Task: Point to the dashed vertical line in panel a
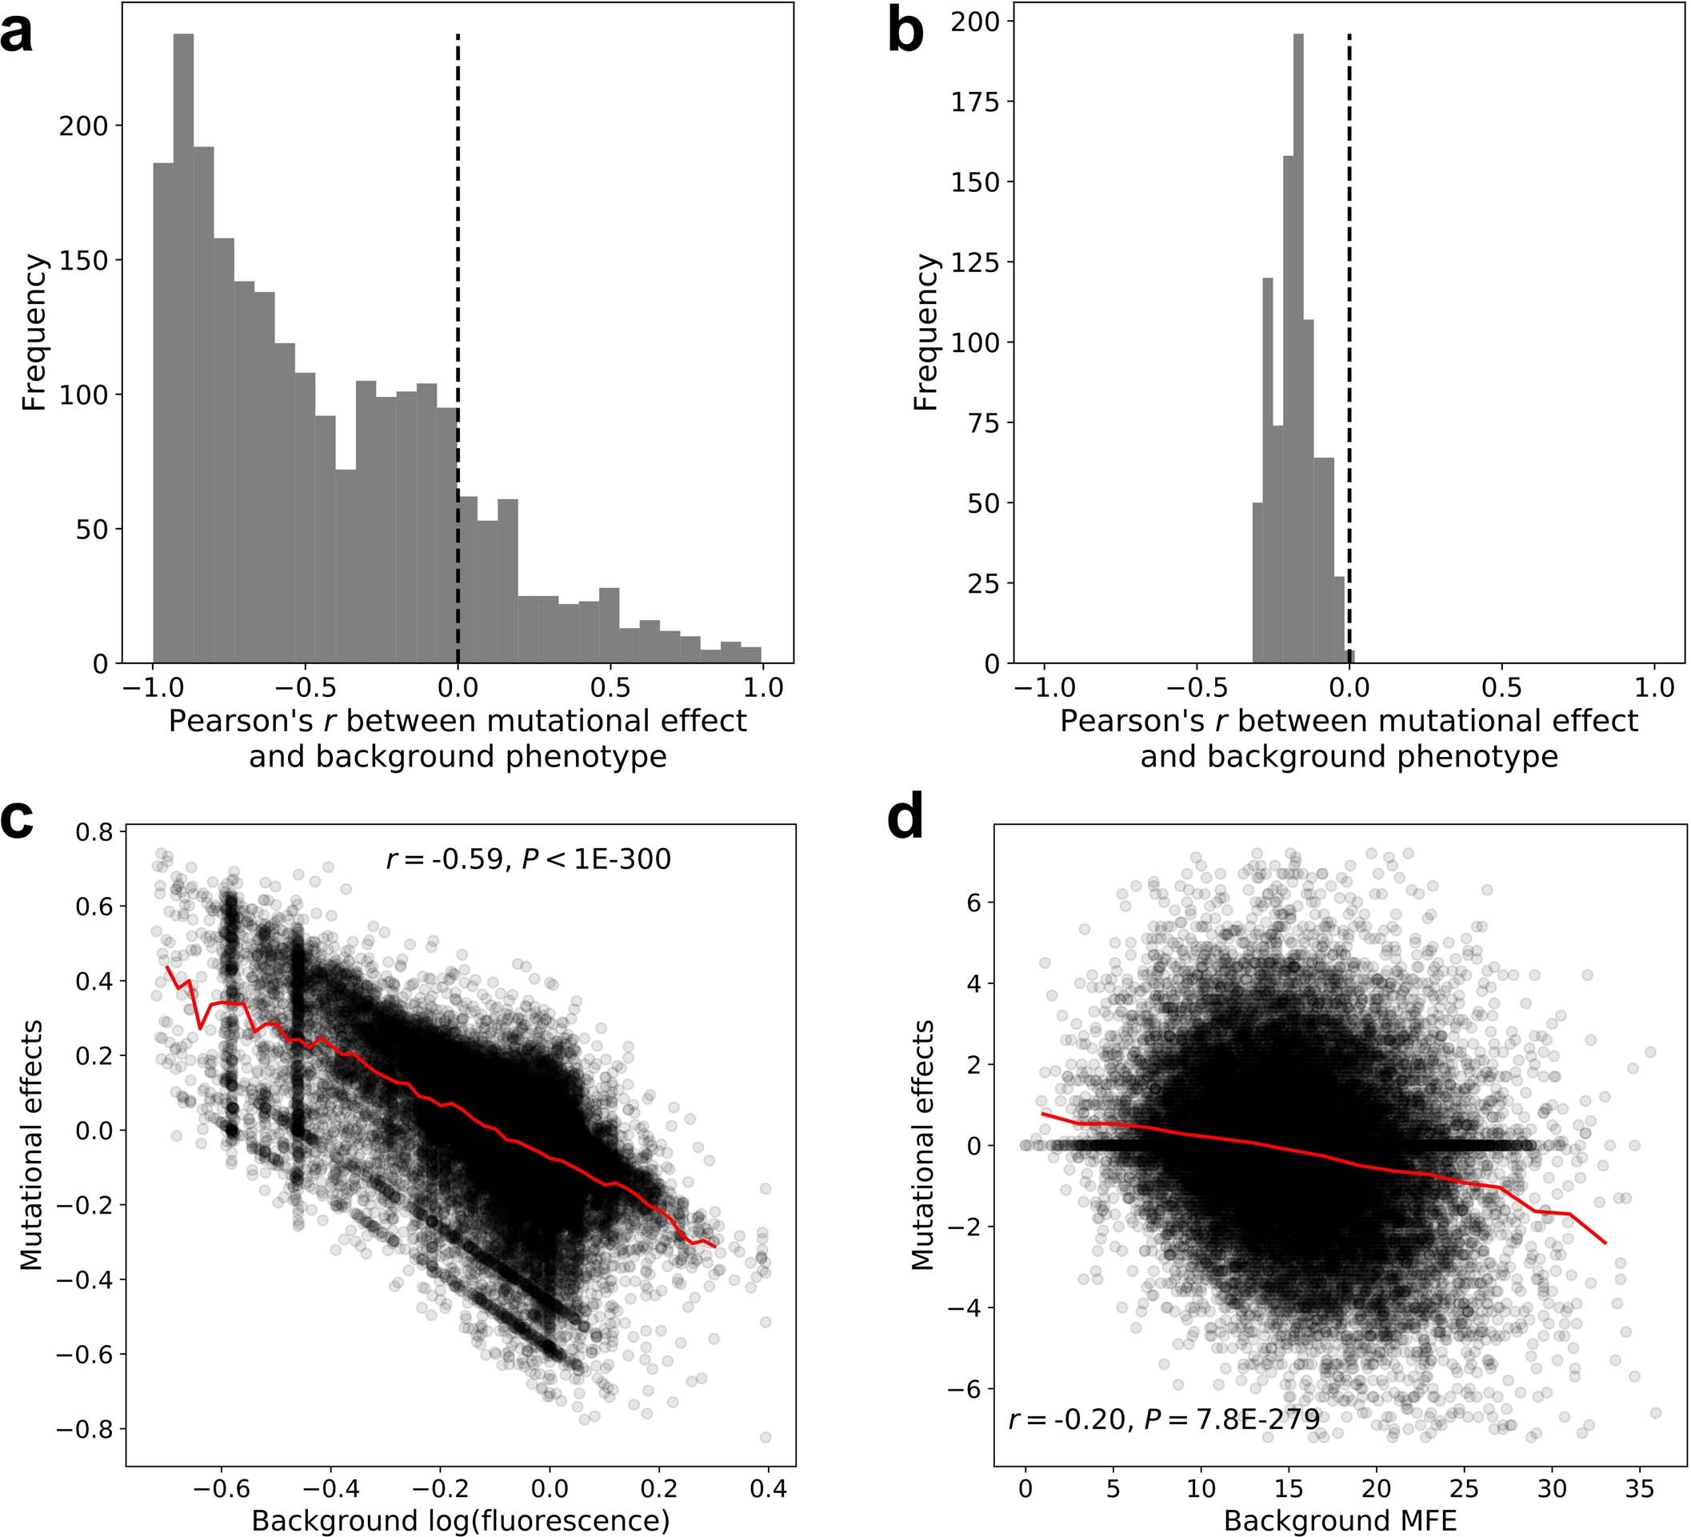[458, 252]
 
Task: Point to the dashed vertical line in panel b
[1349, 252]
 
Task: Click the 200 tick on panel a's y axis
[83, 126]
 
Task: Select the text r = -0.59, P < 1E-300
[529, 859]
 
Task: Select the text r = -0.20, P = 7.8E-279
[1164, 1419]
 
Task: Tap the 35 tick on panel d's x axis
[1639, 1488]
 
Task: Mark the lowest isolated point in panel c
[765, 1437]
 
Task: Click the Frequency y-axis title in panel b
[925, 333]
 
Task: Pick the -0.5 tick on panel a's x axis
[306, 688]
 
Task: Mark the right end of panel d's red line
[1605, 1243]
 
